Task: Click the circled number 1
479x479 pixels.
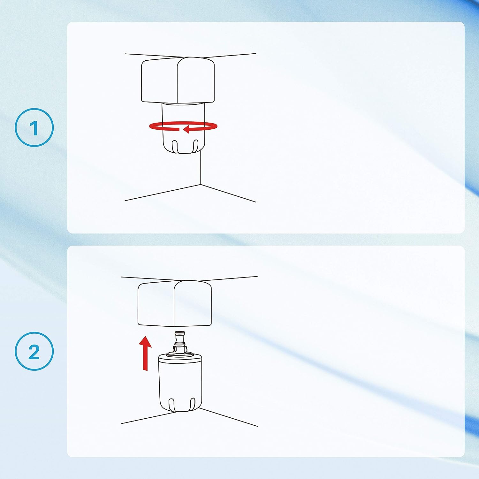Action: click(34, 127)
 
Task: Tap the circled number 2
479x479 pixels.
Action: click(34, 351)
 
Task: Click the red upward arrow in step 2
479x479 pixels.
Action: click(145, 353)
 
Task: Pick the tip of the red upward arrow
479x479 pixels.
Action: click(145, 336)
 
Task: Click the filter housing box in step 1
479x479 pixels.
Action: click(178, 80)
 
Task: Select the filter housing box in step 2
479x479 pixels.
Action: click(175, 303)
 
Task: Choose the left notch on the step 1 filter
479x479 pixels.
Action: click(175, 146)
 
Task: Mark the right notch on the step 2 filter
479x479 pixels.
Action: click(192, 404)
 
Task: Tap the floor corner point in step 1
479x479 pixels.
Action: click(200, 185)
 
